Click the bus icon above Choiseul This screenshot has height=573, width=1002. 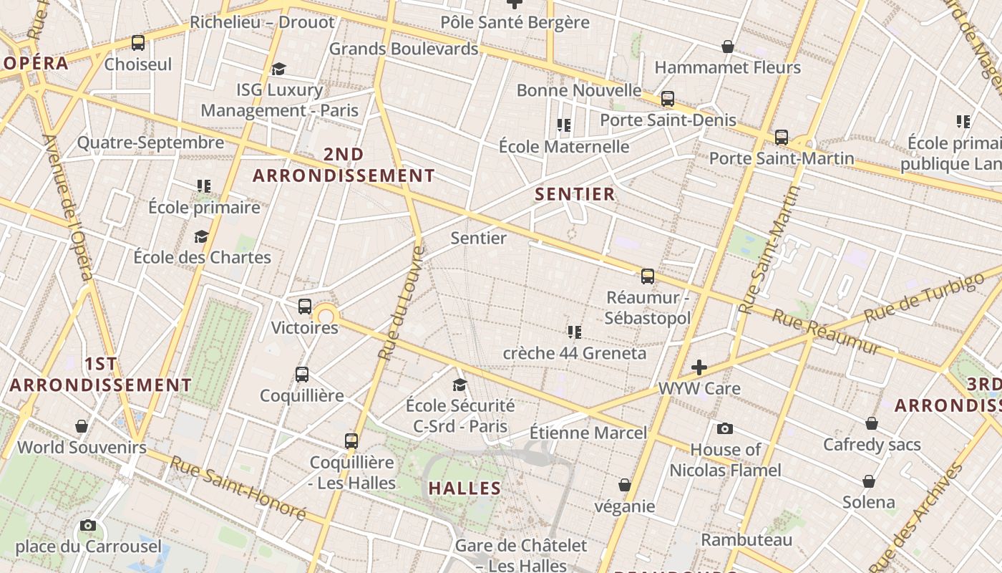[138, 43]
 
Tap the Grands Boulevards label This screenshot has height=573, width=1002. [403, 49]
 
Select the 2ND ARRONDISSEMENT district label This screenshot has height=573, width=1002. [344, 165]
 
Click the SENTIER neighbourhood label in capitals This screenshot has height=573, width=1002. [575, 194]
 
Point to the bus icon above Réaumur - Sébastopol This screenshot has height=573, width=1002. [648, 276]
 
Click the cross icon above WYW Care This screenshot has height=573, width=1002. [699, 367]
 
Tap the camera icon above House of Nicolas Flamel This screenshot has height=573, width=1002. [725, 429]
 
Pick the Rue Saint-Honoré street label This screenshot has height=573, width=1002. [238, 488]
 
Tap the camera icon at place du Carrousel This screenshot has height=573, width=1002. [88, 526]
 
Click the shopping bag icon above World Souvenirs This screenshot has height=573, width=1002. [82, 426]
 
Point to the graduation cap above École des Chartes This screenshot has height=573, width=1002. [202, 236]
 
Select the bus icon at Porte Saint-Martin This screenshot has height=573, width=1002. [781, 137]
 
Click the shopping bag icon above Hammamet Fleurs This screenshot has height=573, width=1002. [728, 47]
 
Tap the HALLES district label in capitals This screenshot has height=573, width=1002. [464, 488]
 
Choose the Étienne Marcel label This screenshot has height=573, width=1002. [588, 433]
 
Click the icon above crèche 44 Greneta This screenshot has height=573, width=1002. [574, 332]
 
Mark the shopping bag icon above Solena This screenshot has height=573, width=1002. [869, 481]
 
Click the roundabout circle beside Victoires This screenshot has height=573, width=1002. [326, 316]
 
